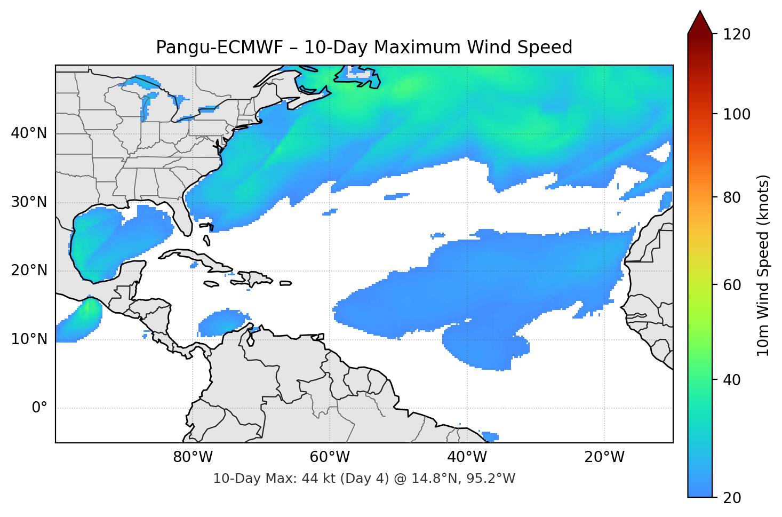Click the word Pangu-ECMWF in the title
tap(220, 47)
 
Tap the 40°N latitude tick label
tap(29, 133)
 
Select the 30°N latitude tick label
tap(29, 202)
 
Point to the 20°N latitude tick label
tap(29, 271)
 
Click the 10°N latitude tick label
tap(29, 339)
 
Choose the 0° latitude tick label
tap(39, 408)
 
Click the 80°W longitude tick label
tap(193, 457)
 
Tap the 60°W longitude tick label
tap(330, 457)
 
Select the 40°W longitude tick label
tap(467, 457)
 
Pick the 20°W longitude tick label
tap(604, 457)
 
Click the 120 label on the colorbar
tap(737, 34)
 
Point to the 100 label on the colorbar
tap(737, 114)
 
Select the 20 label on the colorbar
tap(732, 498)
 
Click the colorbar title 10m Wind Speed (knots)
tap(763, 266)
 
